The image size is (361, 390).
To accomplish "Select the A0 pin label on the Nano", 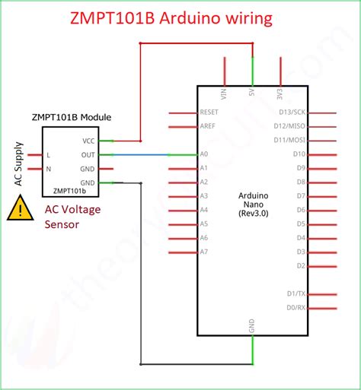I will pyautogui.click(x=203, y=154).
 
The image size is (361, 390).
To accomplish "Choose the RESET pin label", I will pyautogui.click(x=209, y=112).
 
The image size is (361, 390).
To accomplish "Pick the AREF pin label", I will pyautogui.click(x=207, y=126).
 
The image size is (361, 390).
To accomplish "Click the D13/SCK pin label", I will pyautogui.click(x=290, y=113).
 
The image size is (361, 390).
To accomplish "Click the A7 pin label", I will pyautogui.click(x=203, y=252).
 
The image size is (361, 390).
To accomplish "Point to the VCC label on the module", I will pyautogui.click(x=88, y=141).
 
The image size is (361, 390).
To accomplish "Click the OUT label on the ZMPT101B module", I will pyautogui.click(x=88, y=154).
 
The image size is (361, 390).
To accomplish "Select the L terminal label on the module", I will pyautogui.click(x=49, y=155).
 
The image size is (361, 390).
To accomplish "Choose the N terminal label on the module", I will pyautogui.click(x=49, y=169).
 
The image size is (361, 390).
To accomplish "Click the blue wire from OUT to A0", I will pyautogui.click(x=145, y=154).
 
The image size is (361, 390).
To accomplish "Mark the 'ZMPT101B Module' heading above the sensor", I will pyautogui.click(x=72, y=117).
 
